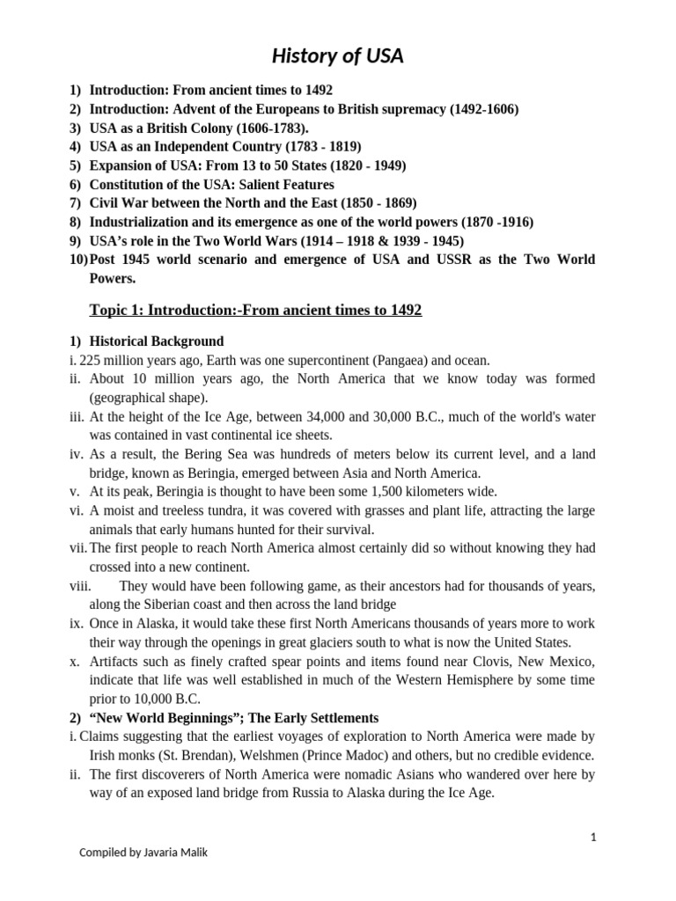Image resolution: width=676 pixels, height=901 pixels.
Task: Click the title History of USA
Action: (337, 57)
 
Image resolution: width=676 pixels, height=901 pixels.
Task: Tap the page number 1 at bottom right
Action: (593, 838)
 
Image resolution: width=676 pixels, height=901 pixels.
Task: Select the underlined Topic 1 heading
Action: (255, 311)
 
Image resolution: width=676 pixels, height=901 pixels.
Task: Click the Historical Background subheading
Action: (157, 341)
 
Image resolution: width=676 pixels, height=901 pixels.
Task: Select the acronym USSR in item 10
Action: (456, 260)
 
